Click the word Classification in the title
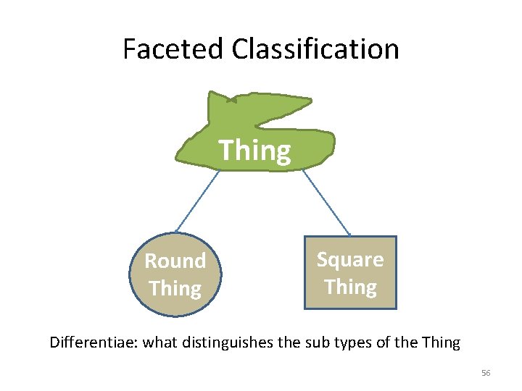pyautogui.click(x=315, y=49)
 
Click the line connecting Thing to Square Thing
pyautogui.click(x=326, y=203)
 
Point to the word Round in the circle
pyautogui.click(x=175, y=261)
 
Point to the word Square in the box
pyautogui.click(x=350, y=259)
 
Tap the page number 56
pyautogui.click(x=486, y=373)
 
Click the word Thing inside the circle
pyautogui.click(x=175, y=288)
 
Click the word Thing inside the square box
pyautogui.click(x=350, y=287)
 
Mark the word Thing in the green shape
pyautogui.click(x=254, y=151)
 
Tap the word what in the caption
pyautogui.click(x=159, y=342)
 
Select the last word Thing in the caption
pyautogui.click(x=441, y=342)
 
